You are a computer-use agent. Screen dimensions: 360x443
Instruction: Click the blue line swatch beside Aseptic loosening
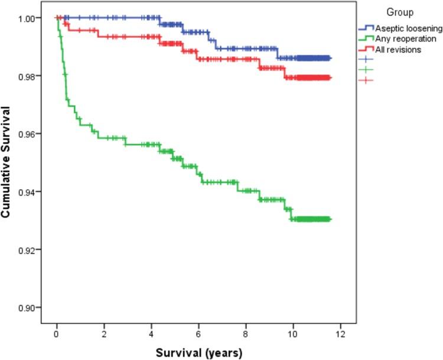click(x=367, y=28)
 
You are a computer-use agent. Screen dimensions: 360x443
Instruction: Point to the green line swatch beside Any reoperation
click(x=367, y=38)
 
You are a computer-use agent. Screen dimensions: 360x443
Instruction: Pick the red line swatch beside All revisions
click(x=367, y=50)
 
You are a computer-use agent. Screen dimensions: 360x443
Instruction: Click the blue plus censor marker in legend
click(x=367, y=60)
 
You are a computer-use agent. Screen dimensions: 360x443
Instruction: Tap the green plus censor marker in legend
click(x=367, y=70)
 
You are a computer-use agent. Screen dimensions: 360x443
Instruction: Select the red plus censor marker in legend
click(x=367, y=80)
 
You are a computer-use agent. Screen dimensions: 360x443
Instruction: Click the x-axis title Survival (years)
click(x=199, y=353)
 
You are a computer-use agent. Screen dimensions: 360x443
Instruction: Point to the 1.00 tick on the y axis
click(x=32, y=18)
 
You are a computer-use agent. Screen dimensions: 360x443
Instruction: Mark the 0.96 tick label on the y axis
click(x=32, y=134)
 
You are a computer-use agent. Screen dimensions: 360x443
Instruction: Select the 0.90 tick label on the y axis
click(x=32, y=307)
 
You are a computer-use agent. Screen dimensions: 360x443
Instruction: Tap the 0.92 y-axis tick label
click(x=32, y=249)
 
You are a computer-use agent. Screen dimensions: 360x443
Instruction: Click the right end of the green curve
click(x=331, y=219)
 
